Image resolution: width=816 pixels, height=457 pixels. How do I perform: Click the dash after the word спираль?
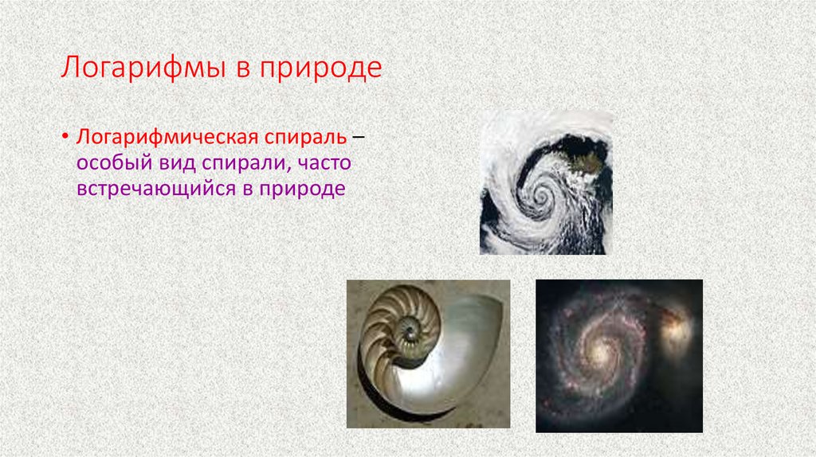(360, 138)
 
